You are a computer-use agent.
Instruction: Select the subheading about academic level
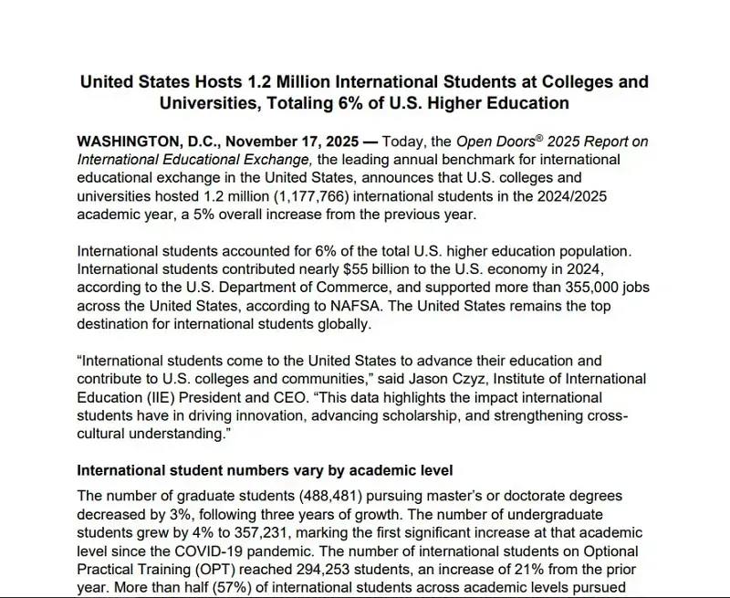265,470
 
